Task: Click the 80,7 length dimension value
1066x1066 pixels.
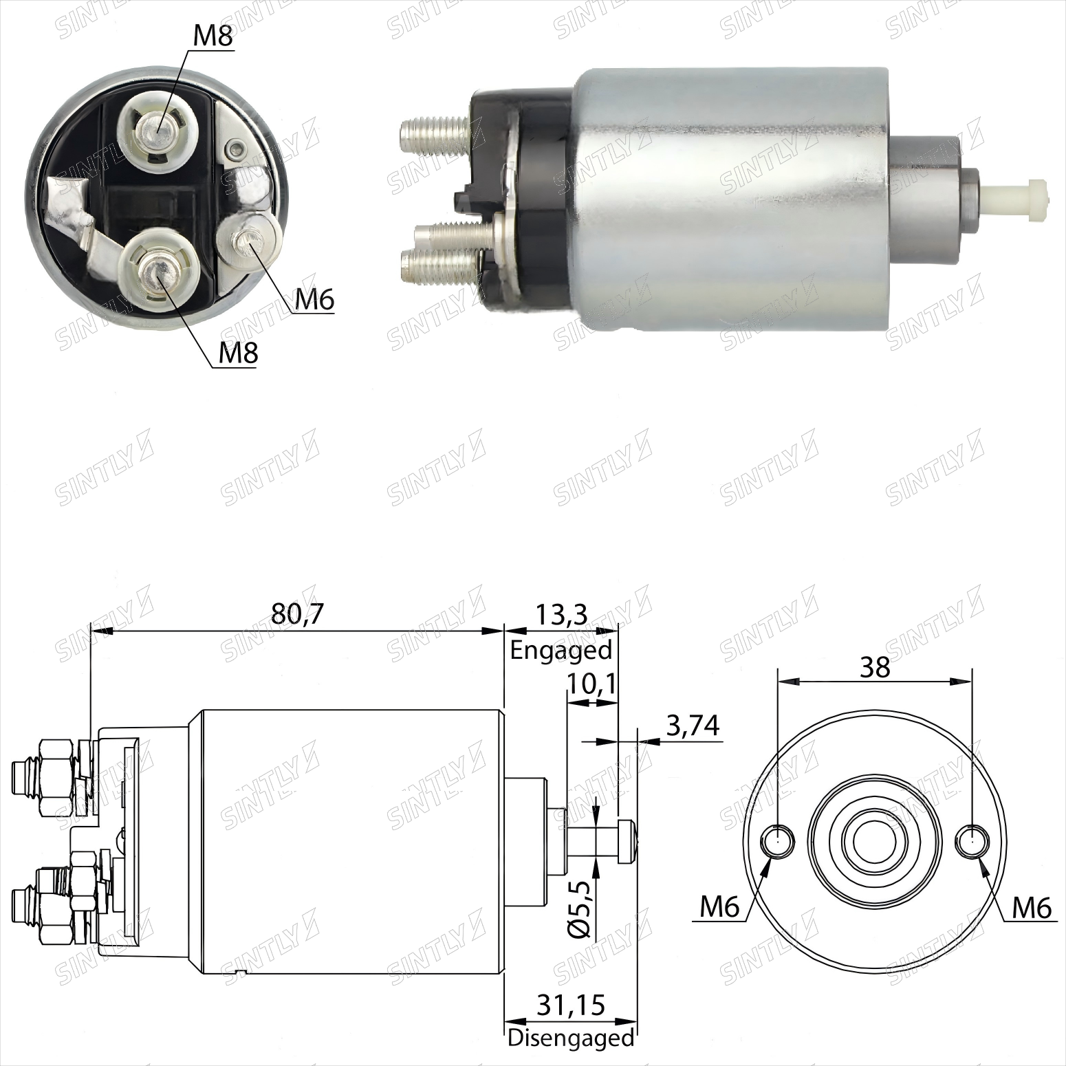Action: tap(296, 613)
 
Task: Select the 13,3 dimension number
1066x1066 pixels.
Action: tap(561, 613)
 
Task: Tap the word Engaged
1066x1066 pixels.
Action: tap(561, 650)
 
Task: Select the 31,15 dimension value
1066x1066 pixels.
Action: tap(571, 1005)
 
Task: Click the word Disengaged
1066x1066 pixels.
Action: tap(571, 1038)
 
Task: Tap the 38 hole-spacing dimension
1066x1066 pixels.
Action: tap(875, 666)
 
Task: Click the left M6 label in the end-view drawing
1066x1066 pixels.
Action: tap(719, 907)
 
